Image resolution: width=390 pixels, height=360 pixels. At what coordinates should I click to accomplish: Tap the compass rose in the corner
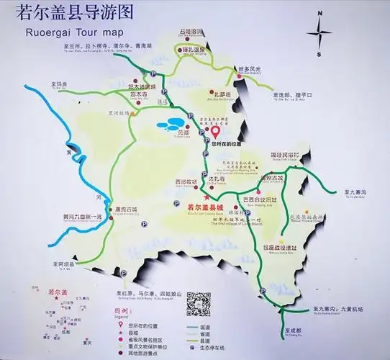tap(319, 32)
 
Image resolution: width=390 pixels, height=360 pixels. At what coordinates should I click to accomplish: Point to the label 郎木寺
tap(140, 94)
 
